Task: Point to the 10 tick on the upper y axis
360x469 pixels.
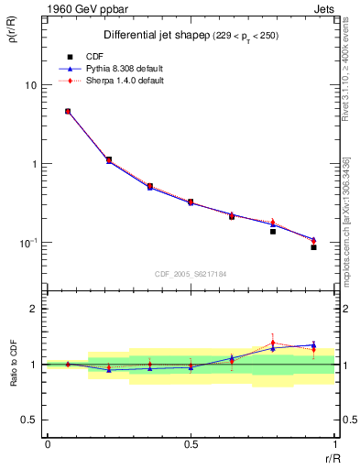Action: [30, 85]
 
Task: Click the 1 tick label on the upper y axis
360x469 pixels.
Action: [34, 164]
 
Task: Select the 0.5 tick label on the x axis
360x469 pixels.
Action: [191, 443]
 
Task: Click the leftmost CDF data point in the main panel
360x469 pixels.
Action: [68, 112]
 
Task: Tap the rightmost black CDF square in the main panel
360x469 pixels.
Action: [313, 247]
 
